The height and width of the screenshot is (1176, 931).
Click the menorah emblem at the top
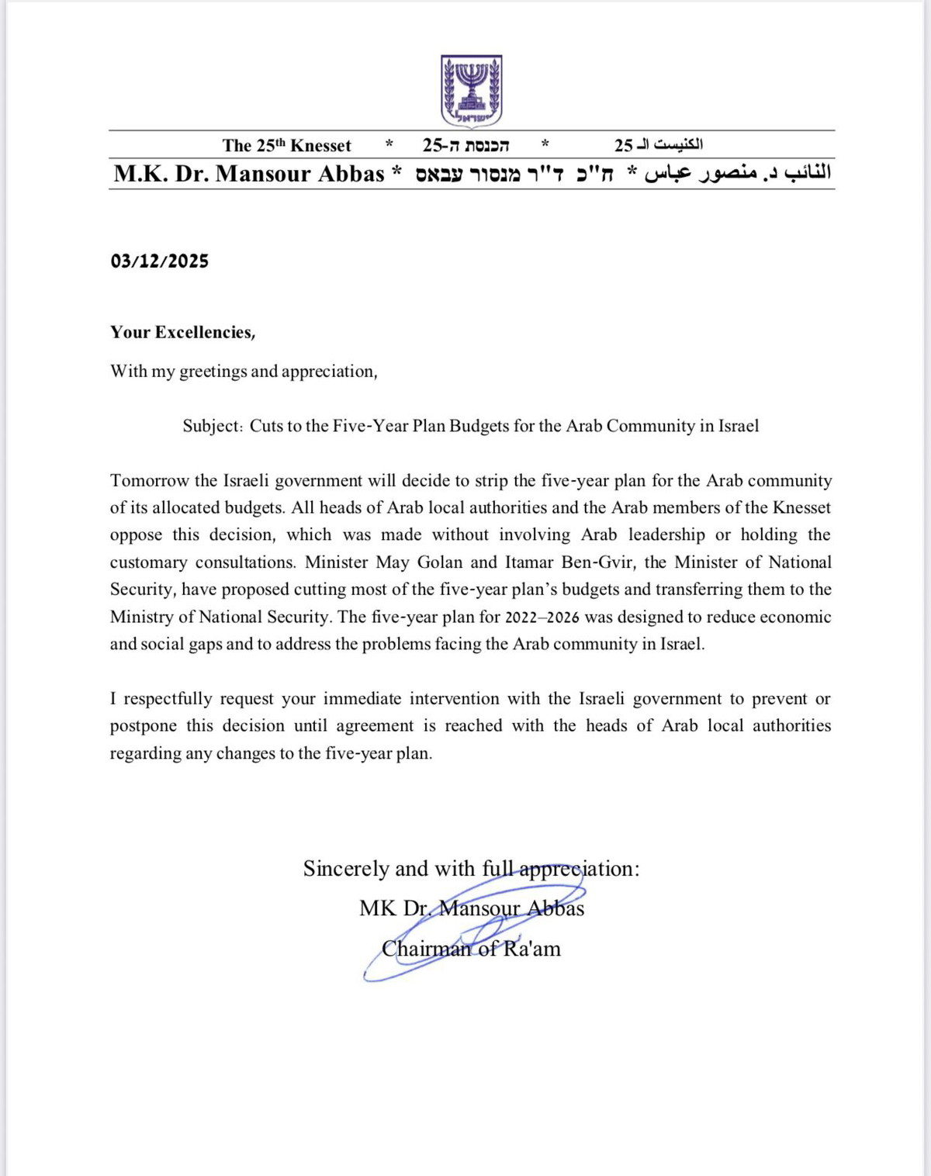(471, 91)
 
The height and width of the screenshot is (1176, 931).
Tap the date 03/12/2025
(159, 261)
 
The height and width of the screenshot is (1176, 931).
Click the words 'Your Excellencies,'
(183, 333)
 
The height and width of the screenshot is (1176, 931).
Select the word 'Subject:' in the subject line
(213, 426)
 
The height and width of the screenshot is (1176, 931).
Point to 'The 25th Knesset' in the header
(286, 146)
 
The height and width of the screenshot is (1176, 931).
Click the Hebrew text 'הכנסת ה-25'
(465, 145)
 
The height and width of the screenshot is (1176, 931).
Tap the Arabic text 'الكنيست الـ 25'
(659, 145)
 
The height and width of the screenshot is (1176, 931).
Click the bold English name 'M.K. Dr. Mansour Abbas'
(249, 174)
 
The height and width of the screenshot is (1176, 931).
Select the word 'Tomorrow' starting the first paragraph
(149, 481)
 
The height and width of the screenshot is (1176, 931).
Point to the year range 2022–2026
(542, 617)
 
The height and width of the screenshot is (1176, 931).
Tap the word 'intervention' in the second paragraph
(454, 699)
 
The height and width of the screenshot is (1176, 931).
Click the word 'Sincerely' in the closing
(346, 869)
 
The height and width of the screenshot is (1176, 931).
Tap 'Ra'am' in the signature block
(531, 949)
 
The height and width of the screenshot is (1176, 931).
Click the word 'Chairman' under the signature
(427, 949)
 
